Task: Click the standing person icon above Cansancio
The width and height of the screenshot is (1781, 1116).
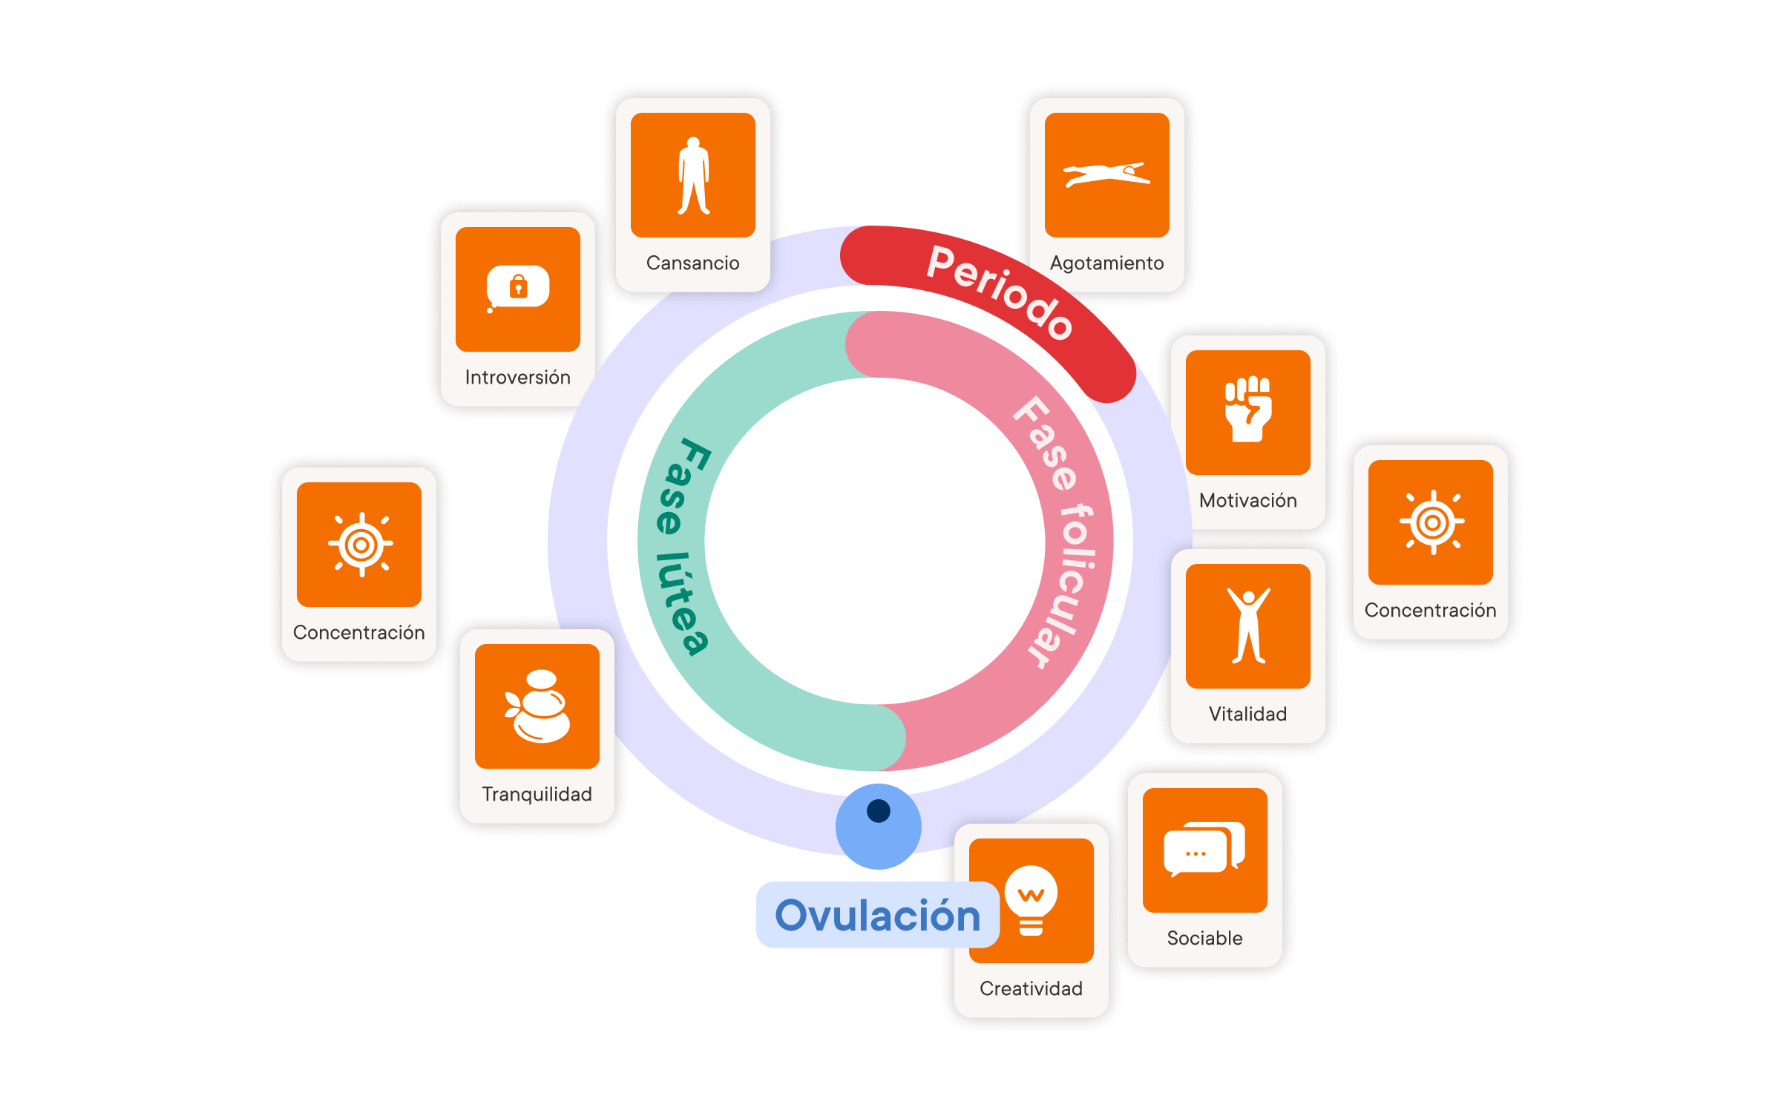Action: (x=693, y=176)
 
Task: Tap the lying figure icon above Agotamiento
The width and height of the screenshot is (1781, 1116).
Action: (x=1106, y=175)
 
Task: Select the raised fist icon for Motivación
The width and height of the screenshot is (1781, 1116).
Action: (x=1248, y=410)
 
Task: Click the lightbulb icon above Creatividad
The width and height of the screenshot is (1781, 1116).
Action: (x=1031, y=899)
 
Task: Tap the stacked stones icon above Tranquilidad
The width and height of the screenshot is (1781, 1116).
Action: (x=538, y=706)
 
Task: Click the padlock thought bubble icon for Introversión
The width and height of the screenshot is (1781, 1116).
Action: (x=518, y=288)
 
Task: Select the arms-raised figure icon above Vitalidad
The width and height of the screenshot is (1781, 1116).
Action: (x=1248, y=626)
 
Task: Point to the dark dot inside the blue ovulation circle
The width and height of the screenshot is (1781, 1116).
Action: (x=879, y=810)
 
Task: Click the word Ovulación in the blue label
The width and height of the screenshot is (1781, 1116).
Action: (x=877, y=915)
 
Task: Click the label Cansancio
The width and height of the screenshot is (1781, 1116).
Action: (x=692, y=263)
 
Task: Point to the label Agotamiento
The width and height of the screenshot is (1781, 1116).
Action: (x=1106, y=263)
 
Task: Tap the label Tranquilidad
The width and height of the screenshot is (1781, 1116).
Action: (x=537, y=795)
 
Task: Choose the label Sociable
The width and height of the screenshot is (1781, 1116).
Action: (x=1204, y=939)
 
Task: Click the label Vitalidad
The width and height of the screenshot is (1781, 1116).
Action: (x=1247, y=715)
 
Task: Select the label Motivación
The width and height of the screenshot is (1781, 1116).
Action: (x=1248, y=501)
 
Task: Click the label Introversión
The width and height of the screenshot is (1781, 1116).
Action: (x=517, y=378)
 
